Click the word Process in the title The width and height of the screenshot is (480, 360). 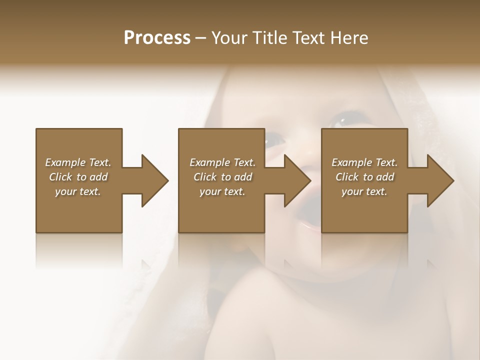(157, 38)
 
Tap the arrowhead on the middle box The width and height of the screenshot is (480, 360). (297, 180)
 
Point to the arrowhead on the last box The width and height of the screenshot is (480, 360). (440, 180)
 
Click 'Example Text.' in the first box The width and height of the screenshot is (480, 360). (78, 162)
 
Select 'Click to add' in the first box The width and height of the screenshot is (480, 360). (78, 177)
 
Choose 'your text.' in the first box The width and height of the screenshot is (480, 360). (78, 191)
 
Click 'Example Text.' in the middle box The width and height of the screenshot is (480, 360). (222, 162)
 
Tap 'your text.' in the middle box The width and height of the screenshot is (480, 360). (222, 191)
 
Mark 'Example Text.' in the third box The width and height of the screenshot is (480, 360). (364, 162)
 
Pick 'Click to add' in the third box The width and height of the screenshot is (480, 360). (364, 177)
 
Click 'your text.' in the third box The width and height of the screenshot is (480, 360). (364, 191)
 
